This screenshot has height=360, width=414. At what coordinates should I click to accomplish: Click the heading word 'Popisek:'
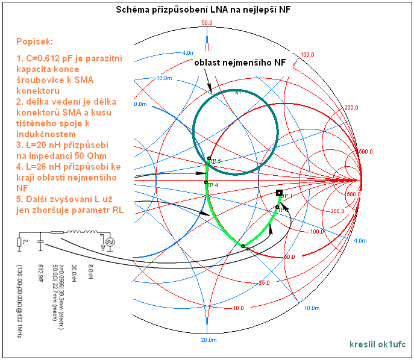coord(35,43)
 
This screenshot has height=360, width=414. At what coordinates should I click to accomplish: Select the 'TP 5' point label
coord(216,161)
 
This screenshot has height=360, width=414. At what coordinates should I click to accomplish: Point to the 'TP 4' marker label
coord(212,185)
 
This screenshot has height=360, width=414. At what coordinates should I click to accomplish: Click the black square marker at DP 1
coord(279,193)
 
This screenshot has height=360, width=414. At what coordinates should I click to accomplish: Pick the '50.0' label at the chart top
coord(207,23)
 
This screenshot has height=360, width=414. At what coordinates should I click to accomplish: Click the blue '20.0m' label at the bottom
coord(208,340)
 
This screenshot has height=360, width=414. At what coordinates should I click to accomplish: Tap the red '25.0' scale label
coord(263,282)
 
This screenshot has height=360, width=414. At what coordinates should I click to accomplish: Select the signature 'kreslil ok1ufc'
coord(377,344)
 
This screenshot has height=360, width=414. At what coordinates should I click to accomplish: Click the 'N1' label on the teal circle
coord(238,93)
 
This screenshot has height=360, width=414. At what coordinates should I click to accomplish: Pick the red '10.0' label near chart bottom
coord(239,308)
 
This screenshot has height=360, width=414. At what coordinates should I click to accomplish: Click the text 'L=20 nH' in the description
coord(43,146)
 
